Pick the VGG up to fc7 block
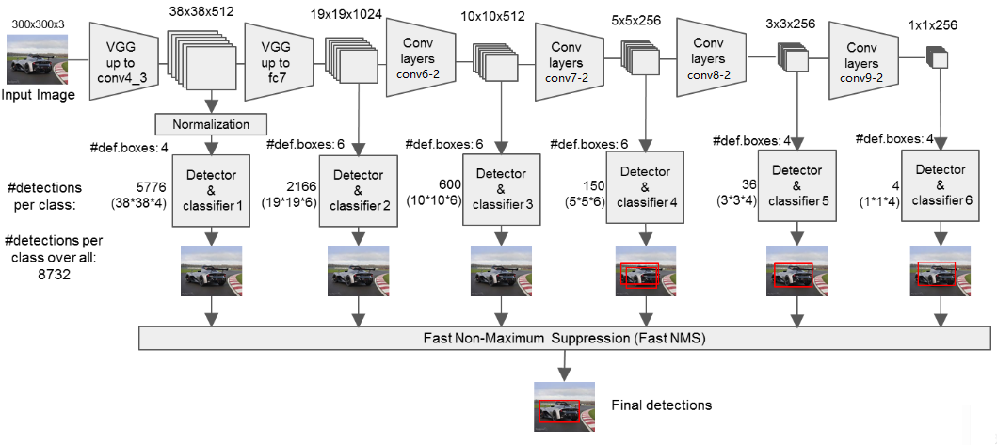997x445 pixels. tap(279, 62)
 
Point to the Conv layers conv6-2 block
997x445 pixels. tap(420, 57)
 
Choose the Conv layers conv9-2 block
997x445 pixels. tap(863, 60)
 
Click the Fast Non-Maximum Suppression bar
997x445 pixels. tap(565, 338)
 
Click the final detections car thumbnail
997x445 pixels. tap(565, 403)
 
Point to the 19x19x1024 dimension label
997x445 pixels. tap(346, 14)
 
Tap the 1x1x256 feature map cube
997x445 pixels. tap(938, 57)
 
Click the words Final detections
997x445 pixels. tap(661, 405)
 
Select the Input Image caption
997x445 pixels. tap(38, 96)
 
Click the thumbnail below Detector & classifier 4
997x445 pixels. tap(647, 272)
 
